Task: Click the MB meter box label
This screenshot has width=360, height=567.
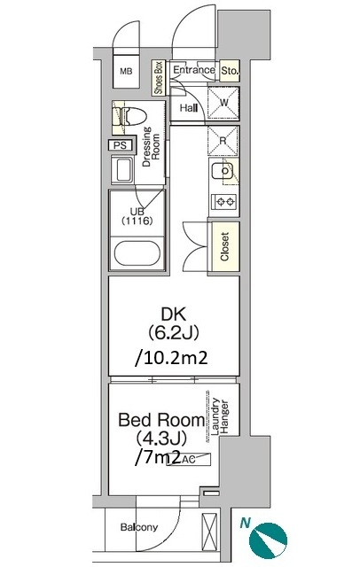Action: (x=126, y=71)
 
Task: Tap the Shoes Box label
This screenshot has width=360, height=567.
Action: (x=159, y=78)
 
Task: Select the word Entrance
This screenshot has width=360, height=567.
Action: (x=194, y=70)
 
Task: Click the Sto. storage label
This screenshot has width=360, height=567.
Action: (x=230, y=71)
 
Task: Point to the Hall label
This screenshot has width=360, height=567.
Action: (x=189, y=108)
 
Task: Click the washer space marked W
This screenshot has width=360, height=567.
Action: (x=223, y=103)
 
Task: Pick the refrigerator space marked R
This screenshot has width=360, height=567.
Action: (x=223, y=141)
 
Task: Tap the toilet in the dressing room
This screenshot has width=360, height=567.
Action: (x=130, y=116)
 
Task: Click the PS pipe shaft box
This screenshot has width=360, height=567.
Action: (x=121, y=145)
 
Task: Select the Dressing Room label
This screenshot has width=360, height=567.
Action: (x=152, y=146)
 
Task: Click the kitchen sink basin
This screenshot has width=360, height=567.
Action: (x=223, y=171)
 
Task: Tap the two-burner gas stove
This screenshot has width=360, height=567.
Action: (x=225, y=201)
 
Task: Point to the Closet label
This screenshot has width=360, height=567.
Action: (x=224, y=246)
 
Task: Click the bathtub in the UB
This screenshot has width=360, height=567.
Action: (x=137, y=253)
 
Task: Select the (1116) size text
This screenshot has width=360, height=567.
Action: (x=137, y=221)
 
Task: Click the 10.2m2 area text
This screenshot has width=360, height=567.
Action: (x=171, y=358)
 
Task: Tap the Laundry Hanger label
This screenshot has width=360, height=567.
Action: (x=220, y=416)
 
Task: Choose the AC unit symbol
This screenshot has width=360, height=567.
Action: (x=188, y=459)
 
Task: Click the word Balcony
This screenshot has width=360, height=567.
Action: (x=139, y=527)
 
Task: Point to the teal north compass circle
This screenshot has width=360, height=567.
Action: (x=268, y=540)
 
